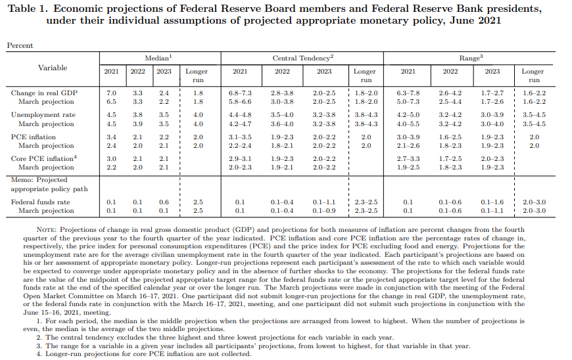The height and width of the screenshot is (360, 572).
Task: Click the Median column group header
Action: coord(157,58)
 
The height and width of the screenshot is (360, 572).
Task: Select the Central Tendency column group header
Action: coord(302,58)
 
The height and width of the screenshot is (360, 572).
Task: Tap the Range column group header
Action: coord(471,58)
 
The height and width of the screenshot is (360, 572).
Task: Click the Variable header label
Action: coord(52,68)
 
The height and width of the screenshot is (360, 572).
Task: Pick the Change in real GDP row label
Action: coord(44,93)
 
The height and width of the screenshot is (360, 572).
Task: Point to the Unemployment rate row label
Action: coord(43,115)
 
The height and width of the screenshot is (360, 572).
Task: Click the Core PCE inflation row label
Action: coord(43,159)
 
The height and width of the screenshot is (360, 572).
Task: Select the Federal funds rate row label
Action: coord(41,202)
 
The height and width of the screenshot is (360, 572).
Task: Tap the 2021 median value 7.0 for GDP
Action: coord(111,93)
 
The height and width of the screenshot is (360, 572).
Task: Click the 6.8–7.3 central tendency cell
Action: coord(240,93)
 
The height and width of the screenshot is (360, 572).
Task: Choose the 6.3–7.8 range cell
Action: coord(408,93)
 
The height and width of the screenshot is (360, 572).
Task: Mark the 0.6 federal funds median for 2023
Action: coord(164,202)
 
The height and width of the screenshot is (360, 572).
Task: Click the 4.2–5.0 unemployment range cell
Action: coord(408,115)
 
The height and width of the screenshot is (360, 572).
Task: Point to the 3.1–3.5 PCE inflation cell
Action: coord(240,137)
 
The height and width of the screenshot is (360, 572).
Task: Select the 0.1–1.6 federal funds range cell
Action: coord(492,202)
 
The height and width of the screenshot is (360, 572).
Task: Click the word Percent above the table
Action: coord(20,45)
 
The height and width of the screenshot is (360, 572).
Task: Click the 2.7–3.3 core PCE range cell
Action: coord(408,159)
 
